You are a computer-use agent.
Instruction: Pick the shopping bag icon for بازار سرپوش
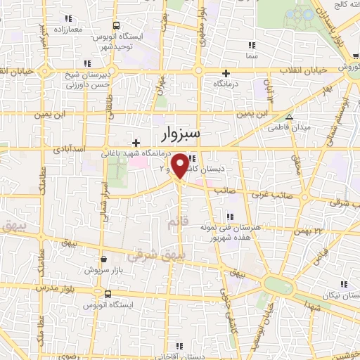click(104, 258)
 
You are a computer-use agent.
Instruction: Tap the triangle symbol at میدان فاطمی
click(289, 117)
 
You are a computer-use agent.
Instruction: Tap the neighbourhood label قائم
click(179, 223)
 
